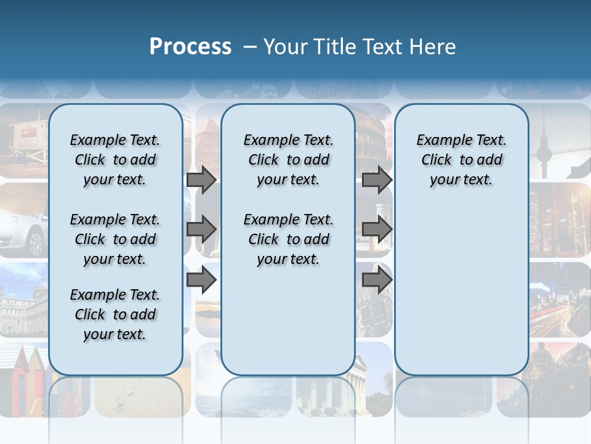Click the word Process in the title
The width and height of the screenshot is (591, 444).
click(x=190, y=47)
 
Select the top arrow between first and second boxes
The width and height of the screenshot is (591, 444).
click(x=201, y=179)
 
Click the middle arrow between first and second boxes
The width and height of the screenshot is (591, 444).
click(x=201, y=229)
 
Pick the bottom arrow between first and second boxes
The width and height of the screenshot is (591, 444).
click(x=201, y=281)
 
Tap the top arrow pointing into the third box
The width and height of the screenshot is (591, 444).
click(x=377, y=179)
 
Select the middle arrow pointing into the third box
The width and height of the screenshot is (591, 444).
click(x=377, y=229)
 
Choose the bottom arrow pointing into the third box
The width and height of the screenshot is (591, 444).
click(x=377, y=281)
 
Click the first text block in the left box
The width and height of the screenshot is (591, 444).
click(x=115, y=160)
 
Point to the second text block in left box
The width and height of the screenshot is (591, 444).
click(x=115, y=239)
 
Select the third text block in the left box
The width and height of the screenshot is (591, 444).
click(x=115, y=314)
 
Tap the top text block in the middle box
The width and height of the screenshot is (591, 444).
click(x=288, y=160)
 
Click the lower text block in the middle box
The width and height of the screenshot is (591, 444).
click(x=288, y=239)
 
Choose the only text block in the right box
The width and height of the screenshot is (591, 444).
click(x=461, y=160)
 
